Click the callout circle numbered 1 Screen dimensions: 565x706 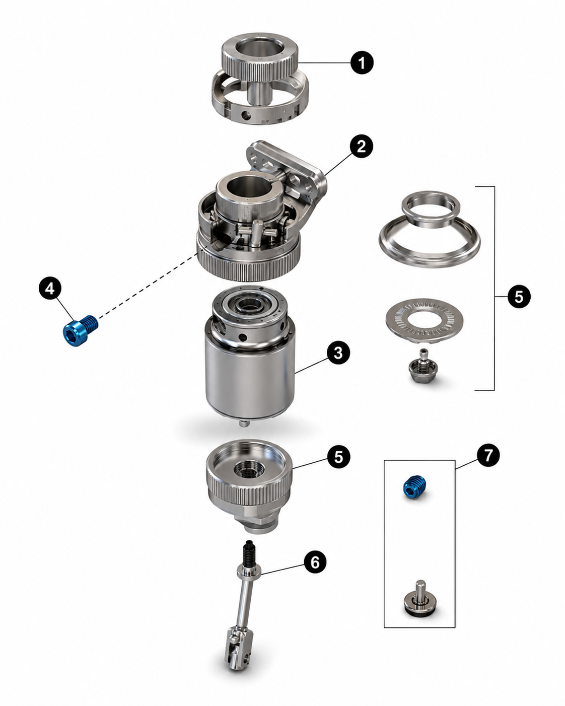click(362, 62)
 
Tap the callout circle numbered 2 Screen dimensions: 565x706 click(361, 146)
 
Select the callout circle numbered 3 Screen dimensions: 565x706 click(338, 352)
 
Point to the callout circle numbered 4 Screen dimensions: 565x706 click(50, 289)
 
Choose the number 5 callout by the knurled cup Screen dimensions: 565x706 click(338, 457)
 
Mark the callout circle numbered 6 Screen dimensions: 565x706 click(315, 562)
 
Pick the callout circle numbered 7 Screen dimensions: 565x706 click(488, 455)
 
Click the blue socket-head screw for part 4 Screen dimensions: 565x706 click(80, 330)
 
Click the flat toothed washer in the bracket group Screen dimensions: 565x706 click(424, 320)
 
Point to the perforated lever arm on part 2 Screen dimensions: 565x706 click(285, 168)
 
